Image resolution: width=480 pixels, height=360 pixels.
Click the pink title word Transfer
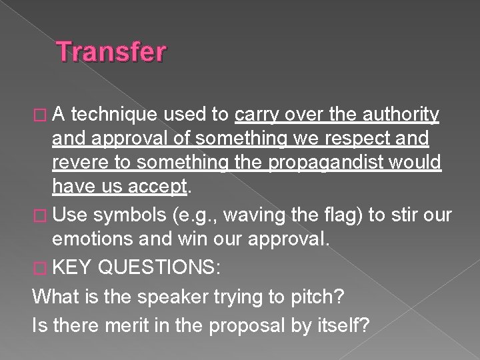click(111, 51)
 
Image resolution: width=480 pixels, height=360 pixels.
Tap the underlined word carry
click(257, 116)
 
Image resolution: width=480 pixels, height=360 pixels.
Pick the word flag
click(347, 215)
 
